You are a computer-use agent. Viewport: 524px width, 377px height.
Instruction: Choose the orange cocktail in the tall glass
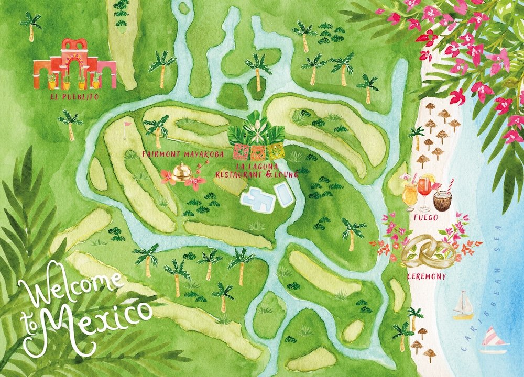click(409, 195)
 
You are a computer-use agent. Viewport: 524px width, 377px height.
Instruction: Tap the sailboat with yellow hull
click(463, 306)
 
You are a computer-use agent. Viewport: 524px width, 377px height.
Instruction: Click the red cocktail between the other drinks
click(425, 191)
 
